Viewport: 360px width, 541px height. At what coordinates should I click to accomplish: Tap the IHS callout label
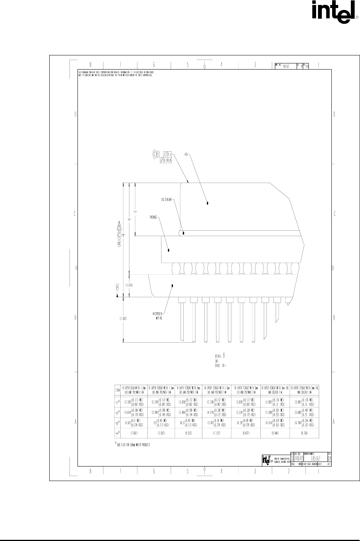(x=186, y=155)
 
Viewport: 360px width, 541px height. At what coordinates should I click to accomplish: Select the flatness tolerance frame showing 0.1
(x=168, y=154)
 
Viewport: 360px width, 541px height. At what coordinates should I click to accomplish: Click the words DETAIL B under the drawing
(x=222, y=355)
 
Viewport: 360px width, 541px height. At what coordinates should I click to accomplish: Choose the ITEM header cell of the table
(x=118, y=390)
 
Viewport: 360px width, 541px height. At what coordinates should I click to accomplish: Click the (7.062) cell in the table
(x=132, y=434)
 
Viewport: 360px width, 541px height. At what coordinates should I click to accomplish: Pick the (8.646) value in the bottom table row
(x=275, y=434)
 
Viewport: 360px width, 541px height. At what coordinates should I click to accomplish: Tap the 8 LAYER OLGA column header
(x=132, y=390)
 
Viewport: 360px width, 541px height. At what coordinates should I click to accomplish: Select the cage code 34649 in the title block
(x=300, y=458)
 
